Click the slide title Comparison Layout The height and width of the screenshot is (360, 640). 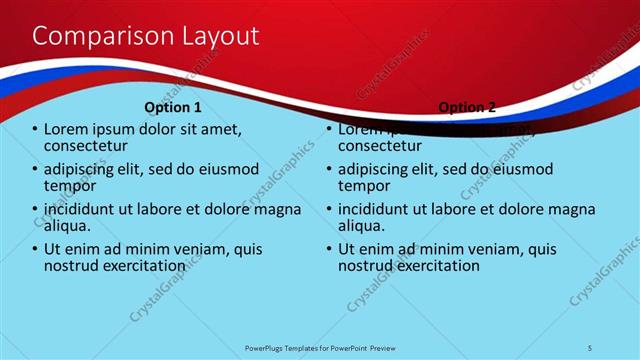pos(146,36)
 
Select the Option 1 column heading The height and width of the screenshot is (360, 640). pos(173,107)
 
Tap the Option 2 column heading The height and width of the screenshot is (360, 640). pos(466,107)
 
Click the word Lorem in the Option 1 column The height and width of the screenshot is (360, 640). pos(69,129)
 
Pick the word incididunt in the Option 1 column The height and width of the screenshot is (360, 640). pos(87,208)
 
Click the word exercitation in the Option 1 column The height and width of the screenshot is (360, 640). pos(142,266)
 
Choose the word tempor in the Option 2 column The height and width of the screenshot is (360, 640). pos(365,186)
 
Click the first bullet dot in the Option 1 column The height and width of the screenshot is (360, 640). pos(35,130)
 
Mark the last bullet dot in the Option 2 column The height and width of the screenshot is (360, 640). pos(329,249)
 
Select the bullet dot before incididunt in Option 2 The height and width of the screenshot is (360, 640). pos(329,209)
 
